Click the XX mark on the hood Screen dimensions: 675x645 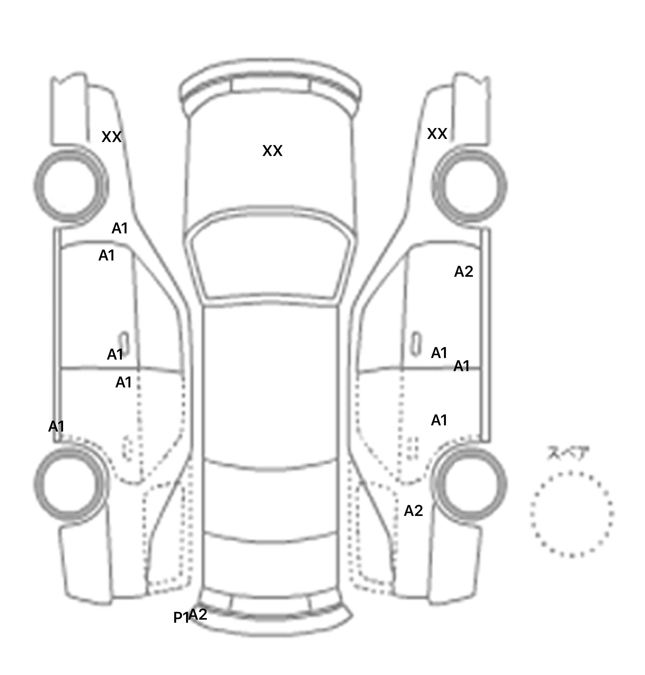coord(272,151)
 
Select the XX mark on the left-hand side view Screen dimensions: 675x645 coord(111,137)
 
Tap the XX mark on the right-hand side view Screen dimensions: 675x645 coord(437,134)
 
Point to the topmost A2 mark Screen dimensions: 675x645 coord(463,272)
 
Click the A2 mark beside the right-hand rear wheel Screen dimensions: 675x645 coord(413,511)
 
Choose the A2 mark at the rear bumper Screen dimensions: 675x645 coord(198,615)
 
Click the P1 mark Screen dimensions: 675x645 coord(181,618)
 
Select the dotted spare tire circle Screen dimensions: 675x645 coord(572,514)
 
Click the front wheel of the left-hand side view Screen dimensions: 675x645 coord(71,187)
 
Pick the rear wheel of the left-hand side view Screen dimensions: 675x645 coord(70,485)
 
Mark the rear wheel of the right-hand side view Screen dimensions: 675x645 coord(470,485)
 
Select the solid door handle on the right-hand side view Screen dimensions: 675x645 coord(416,343)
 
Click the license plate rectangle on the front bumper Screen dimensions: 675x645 coord(271,86)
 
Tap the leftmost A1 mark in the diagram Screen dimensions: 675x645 coord(56,427)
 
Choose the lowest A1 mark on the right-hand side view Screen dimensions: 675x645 coord(439,420)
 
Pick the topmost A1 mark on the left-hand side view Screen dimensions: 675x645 coord(119,229)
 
